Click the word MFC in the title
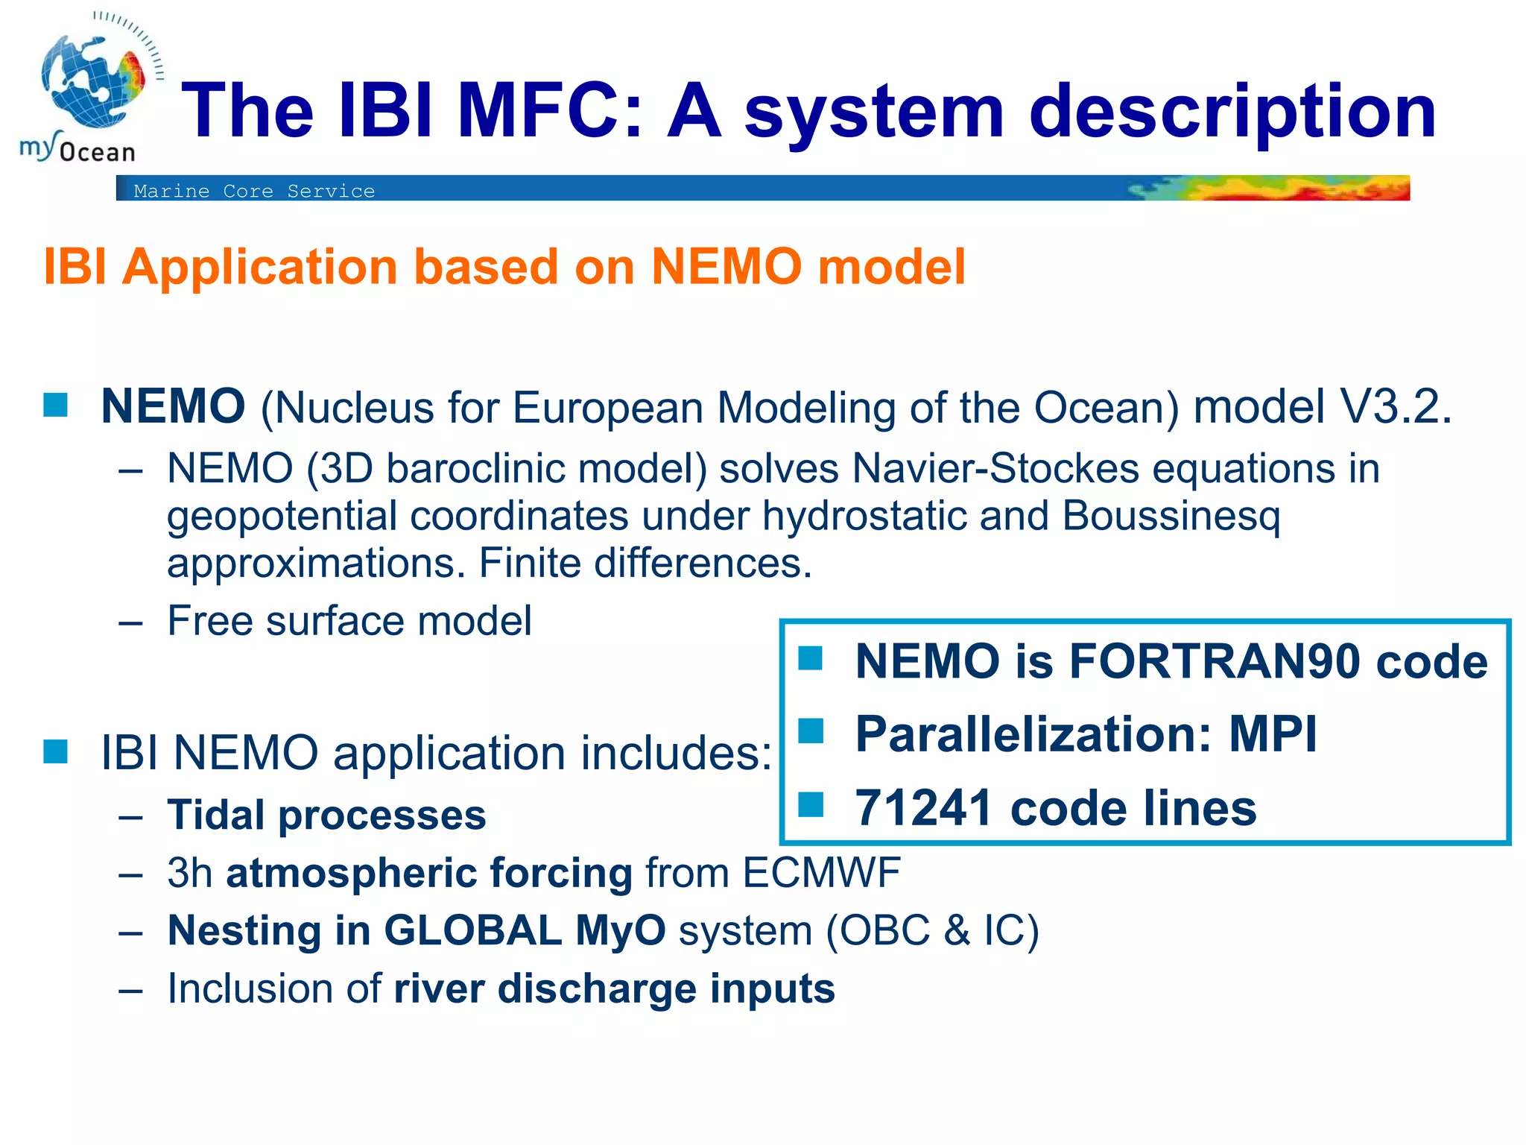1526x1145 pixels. click(x=549, y=112)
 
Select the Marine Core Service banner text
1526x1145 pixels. click(x=254, y=192)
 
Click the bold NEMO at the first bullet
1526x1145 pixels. click(x=173, y=407)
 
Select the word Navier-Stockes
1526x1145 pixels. click(x=995, y=470)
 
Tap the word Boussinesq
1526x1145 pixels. click(x=1171, y=516)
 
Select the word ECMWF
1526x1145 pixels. click(x=822, y=873)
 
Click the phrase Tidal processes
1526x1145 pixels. click(x=326, y=815)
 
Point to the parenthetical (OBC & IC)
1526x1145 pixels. click(x=932, y=931)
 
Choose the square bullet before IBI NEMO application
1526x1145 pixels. click(x=56, y=751)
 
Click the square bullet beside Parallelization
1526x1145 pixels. click(x=811, y=731)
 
